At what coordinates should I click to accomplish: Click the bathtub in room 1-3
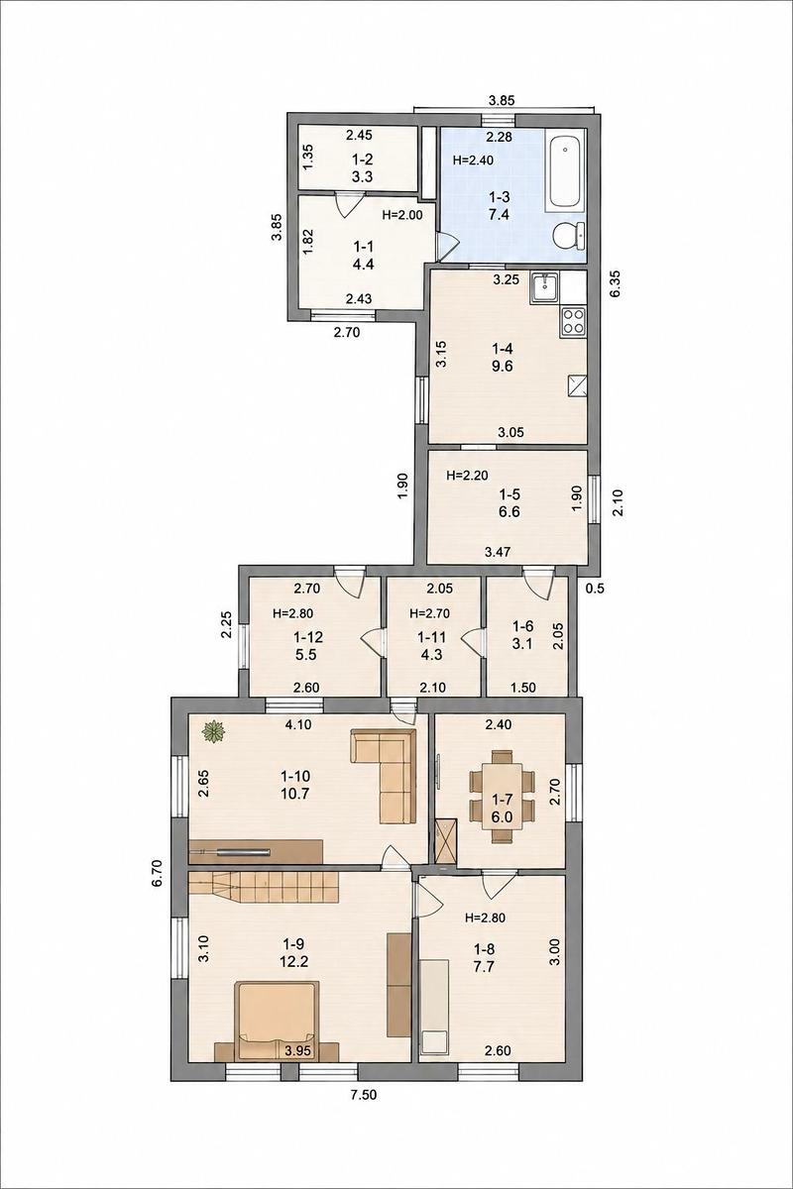pyautogui.click(x=565, y=174)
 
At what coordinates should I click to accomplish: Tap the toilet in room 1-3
pyautogui.click(x=568, y=235)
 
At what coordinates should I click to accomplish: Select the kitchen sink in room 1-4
pyautogui.click(x=544, y=287)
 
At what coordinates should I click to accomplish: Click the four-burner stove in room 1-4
pyautogui.click(x=572, y=321)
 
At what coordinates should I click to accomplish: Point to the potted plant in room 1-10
pyautogui.click(x=213, y=733)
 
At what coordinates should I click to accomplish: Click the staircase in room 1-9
pyautogui.click(x=264, y=891)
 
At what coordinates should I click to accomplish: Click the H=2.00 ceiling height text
pyautogui.click(x=402, y=215)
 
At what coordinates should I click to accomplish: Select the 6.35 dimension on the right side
pyautogui.click(x=617, y=285)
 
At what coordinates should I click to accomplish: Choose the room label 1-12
pyautogui.click(x=307, y=636)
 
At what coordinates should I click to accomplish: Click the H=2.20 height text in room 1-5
pyautogui.click(x=467, y=476)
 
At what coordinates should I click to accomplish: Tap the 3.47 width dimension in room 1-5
pyautogui.click(x=498, y=552)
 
